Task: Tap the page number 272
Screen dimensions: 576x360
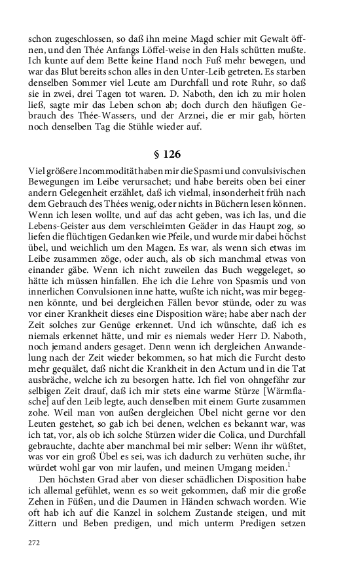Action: (35, 543)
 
